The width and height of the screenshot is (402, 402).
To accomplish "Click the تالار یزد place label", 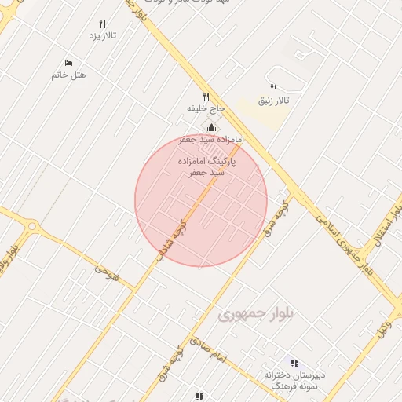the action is [x=103, y=36].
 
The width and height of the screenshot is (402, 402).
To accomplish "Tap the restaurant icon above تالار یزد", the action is [x=103, y=24].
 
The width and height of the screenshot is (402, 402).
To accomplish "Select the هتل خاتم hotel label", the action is [x=68, y=75].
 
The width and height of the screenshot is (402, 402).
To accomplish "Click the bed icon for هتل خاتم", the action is [x=68, y=63].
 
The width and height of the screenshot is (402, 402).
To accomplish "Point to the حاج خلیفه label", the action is [x=206, y=108].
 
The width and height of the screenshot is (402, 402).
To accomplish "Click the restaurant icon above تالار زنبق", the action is [x=274, y=89].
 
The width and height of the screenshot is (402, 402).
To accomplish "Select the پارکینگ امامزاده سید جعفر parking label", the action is [x=206, y=166].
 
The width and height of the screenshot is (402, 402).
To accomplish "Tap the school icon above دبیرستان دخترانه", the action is [x=294, y=363].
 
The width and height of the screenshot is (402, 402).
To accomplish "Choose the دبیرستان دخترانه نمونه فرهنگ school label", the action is [x=292, y=381].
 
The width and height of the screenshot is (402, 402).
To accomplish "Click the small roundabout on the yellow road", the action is [x=32, y=226].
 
